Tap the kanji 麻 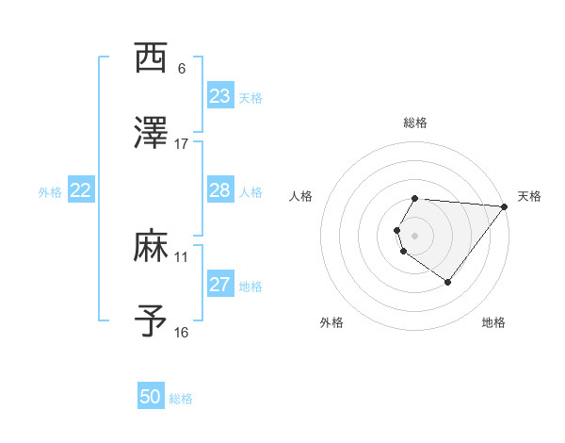point(151,247)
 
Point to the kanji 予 point(151,321)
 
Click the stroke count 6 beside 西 point(182,69)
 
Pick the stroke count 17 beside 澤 point(182,144)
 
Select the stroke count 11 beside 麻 point(182,256)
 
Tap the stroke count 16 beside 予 point(182,332)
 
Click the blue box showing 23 point(219,96)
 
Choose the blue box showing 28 point(219,190)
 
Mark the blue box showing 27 point(219,285)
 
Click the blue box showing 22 point(80,190)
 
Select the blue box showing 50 point(151,397)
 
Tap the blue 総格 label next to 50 point(181,399)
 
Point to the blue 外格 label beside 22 point(50,192)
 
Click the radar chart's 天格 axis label point(529,196)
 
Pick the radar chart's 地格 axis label point(493,322)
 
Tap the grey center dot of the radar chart point(414,235)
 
